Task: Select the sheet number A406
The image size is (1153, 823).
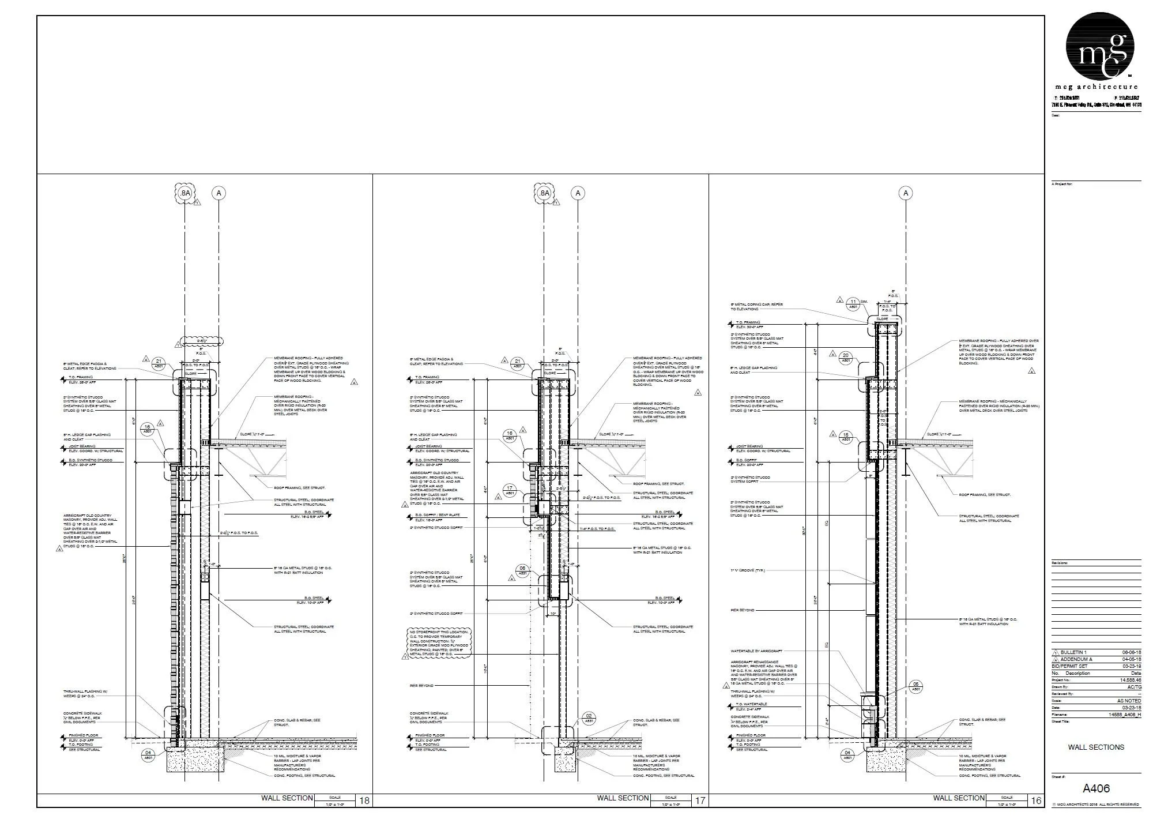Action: pos(1096,788)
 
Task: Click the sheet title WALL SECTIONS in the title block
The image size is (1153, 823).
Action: pos(1096,747)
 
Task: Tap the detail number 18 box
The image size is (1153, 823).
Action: pos(364,801)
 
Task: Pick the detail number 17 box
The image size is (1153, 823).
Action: pos(700,801)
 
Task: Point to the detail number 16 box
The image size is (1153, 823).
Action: pos(1036,801)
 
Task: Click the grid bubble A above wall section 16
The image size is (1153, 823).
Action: pos(906,193)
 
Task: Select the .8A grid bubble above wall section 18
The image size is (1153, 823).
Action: pos(184,193)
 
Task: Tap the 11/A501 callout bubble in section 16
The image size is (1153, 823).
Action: pos(853,304)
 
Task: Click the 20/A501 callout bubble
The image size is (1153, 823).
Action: pos(846,358)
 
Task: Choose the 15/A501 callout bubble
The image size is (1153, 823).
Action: pos(846,437)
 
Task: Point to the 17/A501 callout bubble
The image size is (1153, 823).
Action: pos(510,490)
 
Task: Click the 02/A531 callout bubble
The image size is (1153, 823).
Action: pos(589,718)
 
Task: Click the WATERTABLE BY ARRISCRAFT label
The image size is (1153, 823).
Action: pos(756,651)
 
